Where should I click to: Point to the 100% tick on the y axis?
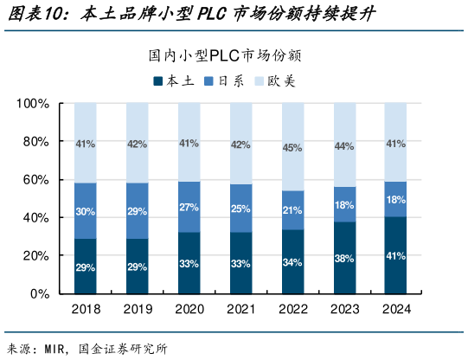coord(32,104)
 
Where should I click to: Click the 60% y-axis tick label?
coord(35,180)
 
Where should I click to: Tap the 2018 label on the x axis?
coord(85,309)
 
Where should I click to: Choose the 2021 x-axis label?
coord(240,309)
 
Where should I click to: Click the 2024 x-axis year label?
coord(395,309)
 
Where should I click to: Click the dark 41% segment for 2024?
coord(395,255)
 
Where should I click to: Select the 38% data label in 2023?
coord(344,258)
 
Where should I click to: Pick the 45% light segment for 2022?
coord(292,147)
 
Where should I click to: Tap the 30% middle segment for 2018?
coord(85,211)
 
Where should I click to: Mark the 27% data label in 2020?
coord(189,208)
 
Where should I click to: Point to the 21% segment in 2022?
coord(292,210)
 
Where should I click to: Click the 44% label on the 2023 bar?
coord(344,145)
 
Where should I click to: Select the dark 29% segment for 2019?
coord(137,267)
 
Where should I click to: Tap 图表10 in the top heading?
coord(31,15)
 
